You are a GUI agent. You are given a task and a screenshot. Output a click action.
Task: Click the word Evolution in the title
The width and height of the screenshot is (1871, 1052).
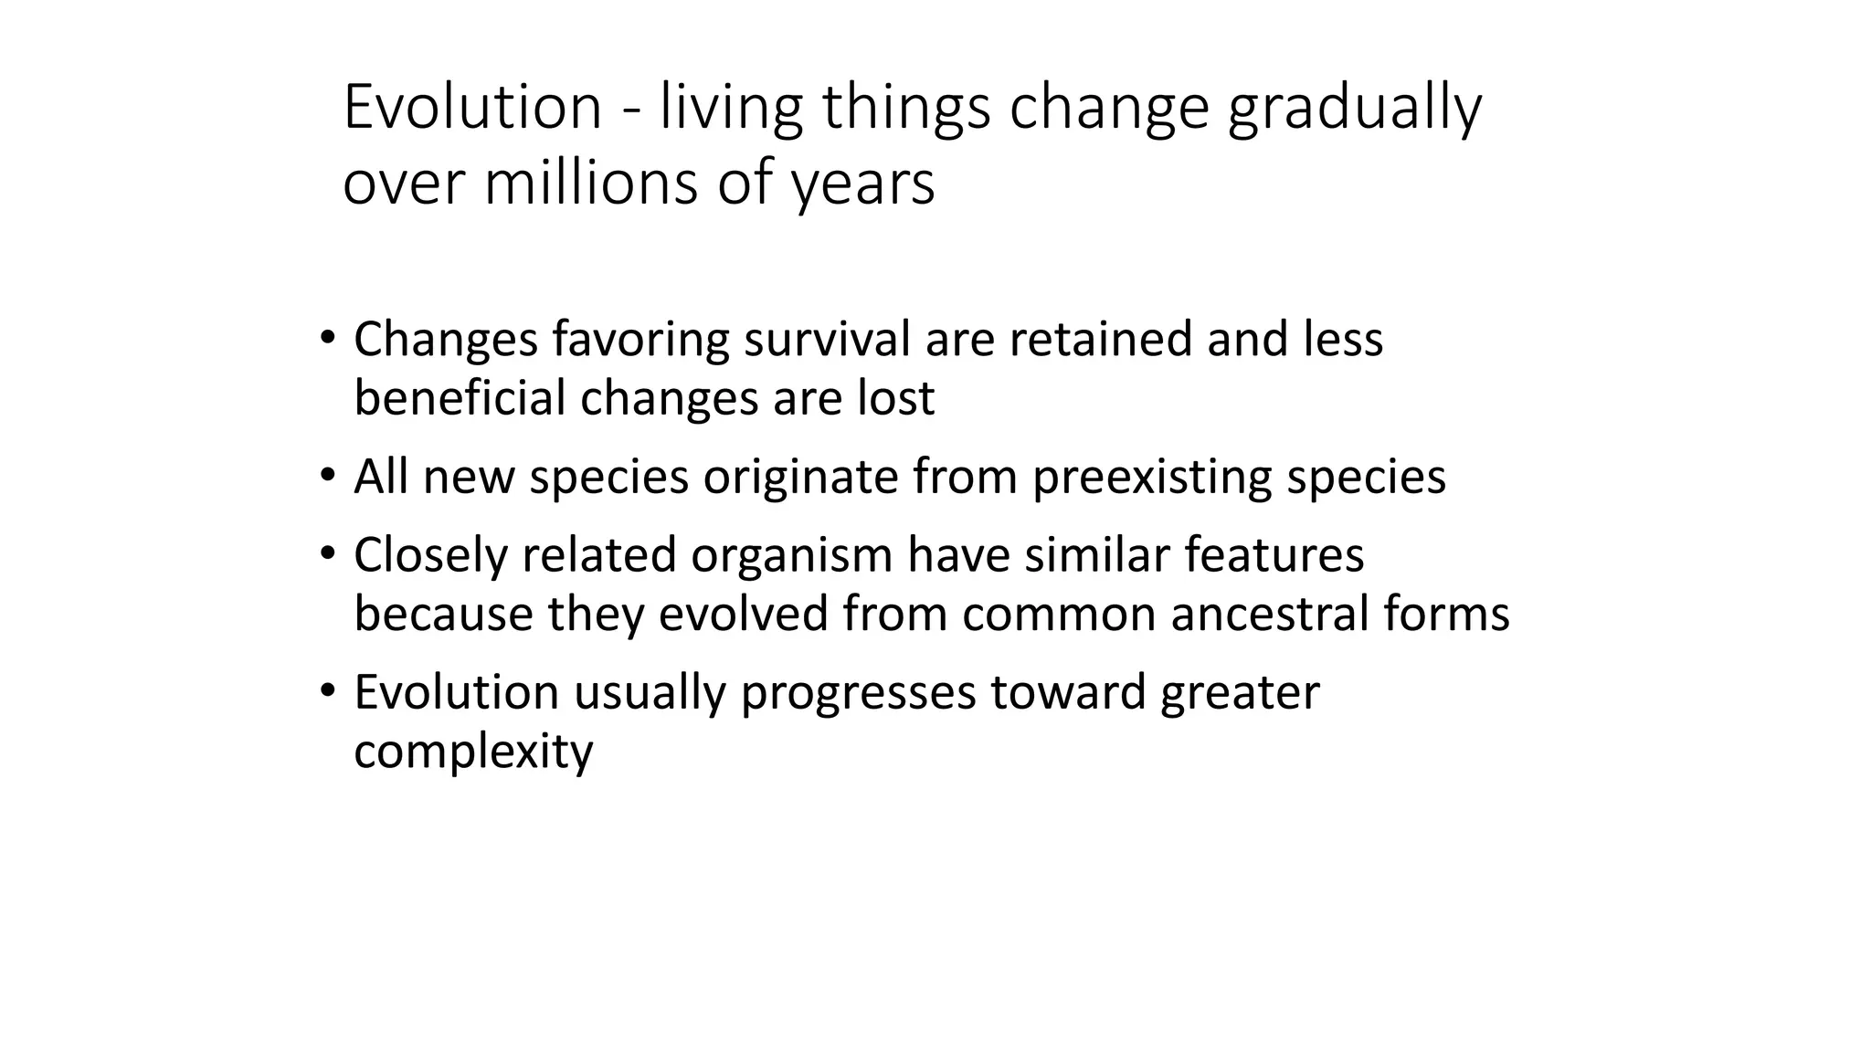click(x=471, y=107)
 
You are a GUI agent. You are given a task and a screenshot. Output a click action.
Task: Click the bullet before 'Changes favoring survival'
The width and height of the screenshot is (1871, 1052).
click(x=328, y=338)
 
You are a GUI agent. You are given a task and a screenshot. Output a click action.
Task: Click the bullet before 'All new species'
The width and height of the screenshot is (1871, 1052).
click(x=328, y=476)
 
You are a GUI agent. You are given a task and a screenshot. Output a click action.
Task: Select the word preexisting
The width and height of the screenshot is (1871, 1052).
click(x=1152, y=479)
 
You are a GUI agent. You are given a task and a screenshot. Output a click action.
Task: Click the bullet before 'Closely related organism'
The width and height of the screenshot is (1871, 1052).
click(x=328, y=554)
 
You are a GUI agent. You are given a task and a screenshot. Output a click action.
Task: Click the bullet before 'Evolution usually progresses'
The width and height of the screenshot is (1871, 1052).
click(x=328, y=691)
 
